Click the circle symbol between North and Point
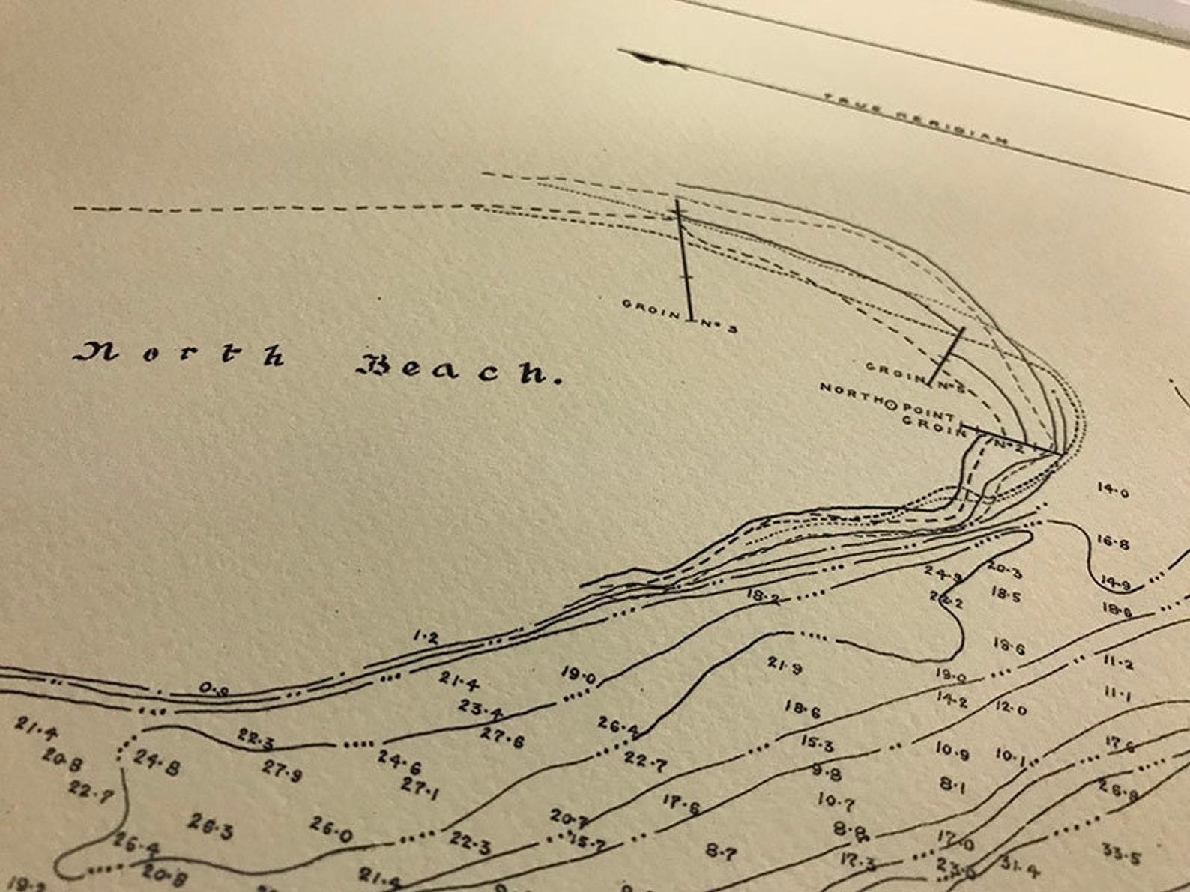pos(891,405)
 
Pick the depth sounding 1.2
pos(426,637)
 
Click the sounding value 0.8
pos(214,688)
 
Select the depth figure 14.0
pos(1113,490)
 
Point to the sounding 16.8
pos(1113,542)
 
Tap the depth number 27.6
pos(502,738)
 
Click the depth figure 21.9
pos(785,664)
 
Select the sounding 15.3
pos(817,743)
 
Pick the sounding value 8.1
pos(952,784)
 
